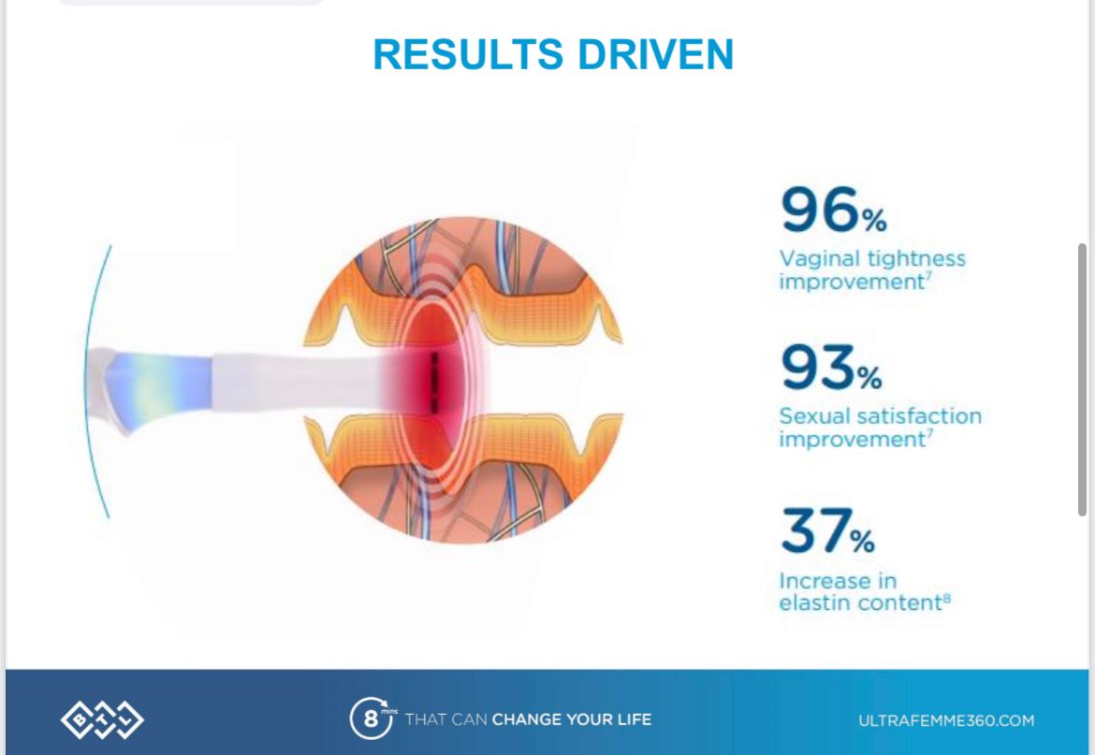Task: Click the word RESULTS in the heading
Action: (x=468, y=54)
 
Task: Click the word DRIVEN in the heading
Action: (x=656, y=54)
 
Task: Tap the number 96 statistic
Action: (x=820, y=209)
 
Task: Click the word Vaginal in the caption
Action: (x=820, y=259)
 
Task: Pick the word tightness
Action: (x=916, y=259)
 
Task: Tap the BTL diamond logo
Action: (x=102, y=719)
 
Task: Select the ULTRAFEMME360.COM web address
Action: (x=946, y=720)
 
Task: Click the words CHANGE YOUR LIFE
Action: (x=572, y=719)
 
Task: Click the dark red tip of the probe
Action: (x=434, y=382)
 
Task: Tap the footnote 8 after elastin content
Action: (x=947, y=597)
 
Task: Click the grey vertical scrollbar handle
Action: (x=1083, y=380)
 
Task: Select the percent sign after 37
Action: (x=863, y=540)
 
